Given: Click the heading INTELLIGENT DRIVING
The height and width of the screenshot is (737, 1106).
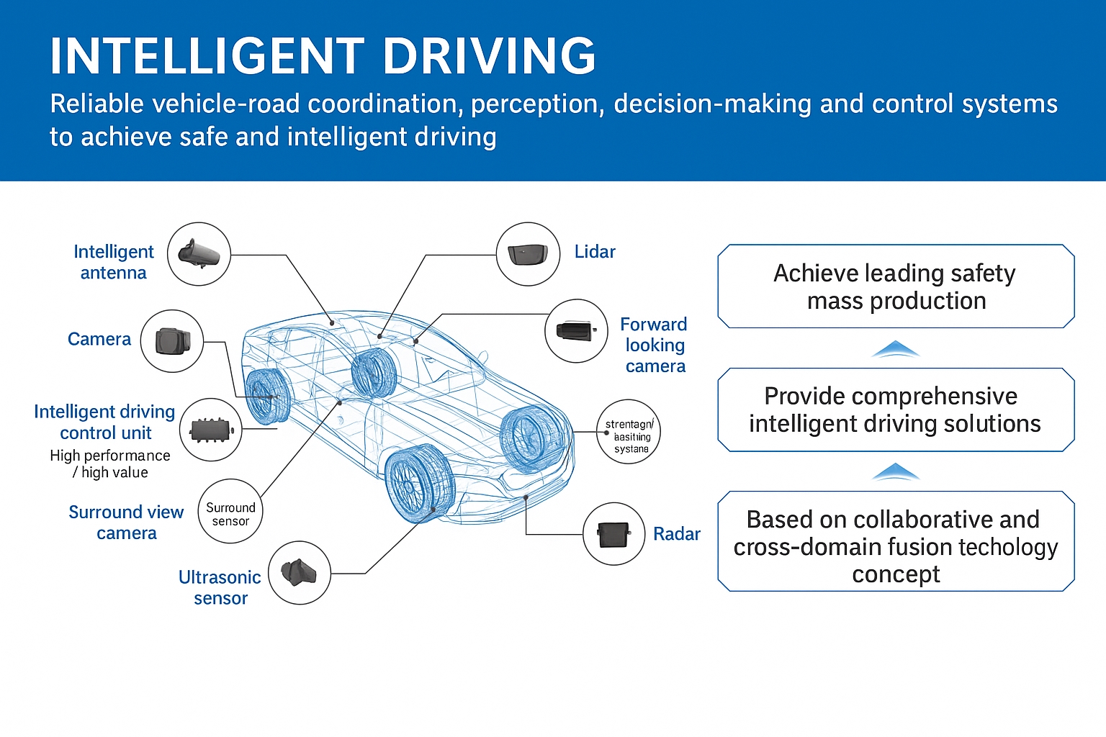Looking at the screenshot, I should coord(323,56).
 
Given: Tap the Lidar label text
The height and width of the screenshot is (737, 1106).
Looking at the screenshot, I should coord(595,252).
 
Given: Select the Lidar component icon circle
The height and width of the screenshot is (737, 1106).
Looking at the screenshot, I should coord(528,254).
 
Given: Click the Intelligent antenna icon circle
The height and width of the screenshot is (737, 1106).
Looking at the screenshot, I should coord(199,254).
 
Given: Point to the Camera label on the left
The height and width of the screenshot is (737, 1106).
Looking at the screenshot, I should coord(99,339).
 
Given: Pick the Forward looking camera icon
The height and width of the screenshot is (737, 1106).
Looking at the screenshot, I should coord(576,331).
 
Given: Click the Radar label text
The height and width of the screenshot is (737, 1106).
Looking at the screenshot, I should coord(676,534).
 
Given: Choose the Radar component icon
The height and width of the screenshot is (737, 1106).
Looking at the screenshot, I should coord(613,534).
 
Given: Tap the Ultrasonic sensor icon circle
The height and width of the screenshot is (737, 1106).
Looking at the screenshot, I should coord(299,573).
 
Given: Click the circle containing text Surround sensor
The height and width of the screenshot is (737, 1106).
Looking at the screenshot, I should coord(230,512).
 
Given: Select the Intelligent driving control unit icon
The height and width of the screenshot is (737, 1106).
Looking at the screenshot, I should coord(210,430).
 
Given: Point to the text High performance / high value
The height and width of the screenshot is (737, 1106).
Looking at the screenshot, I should coord(110,464).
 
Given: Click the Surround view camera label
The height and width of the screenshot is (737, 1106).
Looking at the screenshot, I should coord(126,523).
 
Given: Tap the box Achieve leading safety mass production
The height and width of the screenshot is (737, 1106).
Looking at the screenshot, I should coord(896,286).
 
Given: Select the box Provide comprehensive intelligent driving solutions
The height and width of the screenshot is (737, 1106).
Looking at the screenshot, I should coord(896,410).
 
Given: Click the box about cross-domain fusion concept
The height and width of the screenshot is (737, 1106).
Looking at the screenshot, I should coord(896,541).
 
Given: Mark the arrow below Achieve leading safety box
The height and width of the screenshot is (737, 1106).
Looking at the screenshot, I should coord(895,350).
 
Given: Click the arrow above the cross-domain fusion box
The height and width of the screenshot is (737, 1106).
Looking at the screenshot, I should coord(895,472).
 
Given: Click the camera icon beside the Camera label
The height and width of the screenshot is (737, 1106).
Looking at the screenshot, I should coord(172,341).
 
